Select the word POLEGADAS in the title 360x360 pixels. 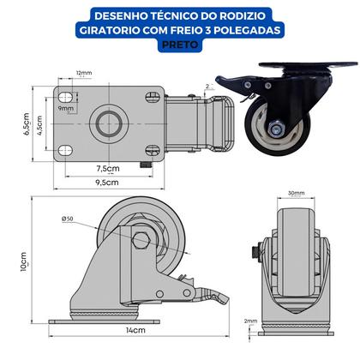(x=249, y=32)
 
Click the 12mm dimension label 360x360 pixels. (x=84, y=75)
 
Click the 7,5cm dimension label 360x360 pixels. (x=107, y=168)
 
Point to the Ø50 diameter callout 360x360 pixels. (x=68, y=220)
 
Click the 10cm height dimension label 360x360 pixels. (x=24, y=261)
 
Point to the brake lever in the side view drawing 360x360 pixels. (x=210, y=300)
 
